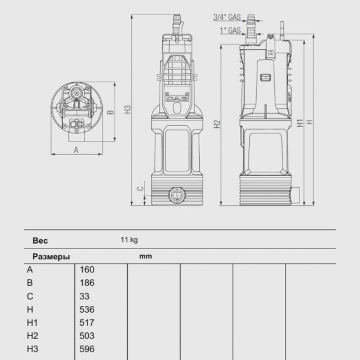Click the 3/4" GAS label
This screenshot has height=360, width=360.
tap(227, 17)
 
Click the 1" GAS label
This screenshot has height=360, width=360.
tap(230, 29)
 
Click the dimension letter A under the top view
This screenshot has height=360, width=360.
tap(76, 150)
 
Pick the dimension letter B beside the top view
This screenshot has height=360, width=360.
tap(110, 112)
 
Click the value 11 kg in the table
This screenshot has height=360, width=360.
tap(129, 240)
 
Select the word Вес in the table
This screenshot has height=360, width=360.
tap(40, 241)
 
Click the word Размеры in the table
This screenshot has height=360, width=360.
tap(50, 256)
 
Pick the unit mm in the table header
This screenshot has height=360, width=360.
tap(145, 256)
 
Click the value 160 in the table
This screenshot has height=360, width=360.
tap(87, 269)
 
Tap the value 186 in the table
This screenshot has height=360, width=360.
tap(87, 283)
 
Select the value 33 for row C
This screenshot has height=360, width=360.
tap(85, 296)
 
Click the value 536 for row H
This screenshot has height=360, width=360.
tap(87, 310)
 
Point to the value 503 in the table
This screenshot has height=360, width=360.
tap(87, 336)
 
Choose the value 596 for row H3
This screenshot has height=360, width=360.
tap(87, 349)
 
